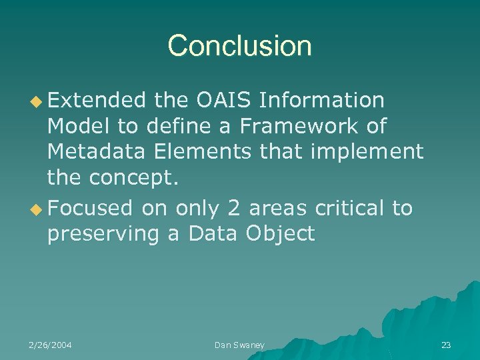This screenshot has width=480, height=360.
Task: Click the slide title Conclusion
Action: tap(240, 46)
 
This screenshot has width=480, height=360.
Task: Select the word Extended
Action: tap(97, 100)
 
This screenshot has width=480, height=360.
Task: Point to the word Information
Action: tap(321, 100)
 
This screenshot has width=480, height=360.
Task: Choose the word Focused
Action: tap(91, 208)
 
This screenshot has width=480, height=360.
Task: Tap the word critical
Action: tap(349, 208)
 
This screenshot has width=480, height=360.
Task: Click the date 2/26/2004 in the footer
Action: tap(51, 345)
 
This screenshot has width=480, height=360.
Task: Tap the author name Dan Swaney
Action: tap(239, 345)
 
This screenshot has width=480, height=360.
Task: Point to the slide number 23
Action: tap(446, 345)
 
